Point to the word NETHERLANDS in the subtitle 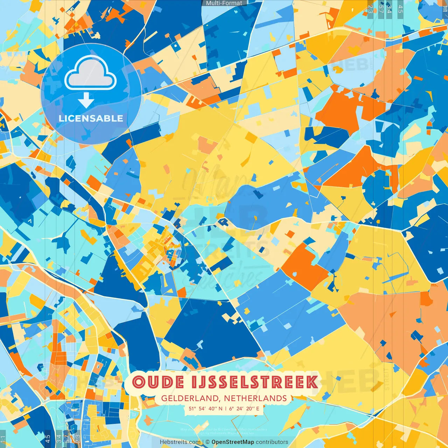click(x=255, y=398)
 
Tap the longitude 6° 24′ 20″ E click(x=244, y=408)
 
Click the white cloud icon click(x=90, y=72)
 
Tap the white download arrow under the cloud click(x=86, y=101)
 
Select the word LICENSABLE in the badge click(x=91, y=118)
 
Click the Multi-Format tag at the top click(x=224, y=3)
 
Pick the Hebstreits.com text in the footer click(x=180, y=442)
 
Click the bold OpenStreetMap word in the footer click(x=233, y=442)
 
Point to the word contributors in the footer click(x=272, y=442)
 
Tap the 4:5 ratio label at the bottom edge click(x=48, y=439)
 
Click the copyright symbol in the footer click(x=208, y=442)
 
